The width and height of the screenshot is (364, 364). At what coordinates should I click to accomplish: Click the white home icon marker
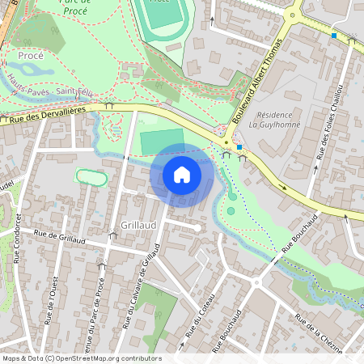point(182,174)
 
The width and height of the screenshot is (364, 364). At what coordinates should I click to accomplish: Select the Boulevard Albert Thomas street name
point(262,82)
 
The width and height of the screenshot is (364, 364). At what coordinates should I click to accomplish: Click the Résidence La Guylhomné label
point(275,120)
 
